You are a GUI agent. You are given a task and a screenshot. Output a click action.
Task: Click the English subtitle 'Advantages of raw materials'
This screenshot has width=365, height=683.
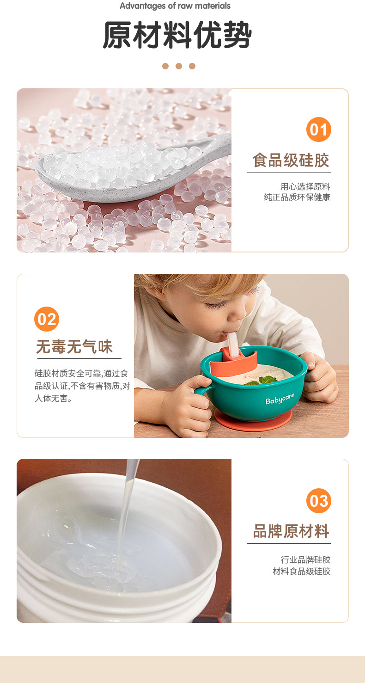(175, 6)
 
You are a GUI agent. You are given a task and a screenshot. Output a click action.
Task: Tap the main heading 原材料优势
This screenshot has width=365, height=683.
(177, 35)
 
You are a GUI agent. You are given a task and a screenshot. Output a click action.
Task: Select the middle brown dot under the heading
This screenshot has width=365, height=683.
(179, 66)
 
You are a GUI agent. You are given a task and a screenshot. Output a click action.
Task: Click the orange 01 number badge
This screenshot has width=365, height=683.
(318, 129)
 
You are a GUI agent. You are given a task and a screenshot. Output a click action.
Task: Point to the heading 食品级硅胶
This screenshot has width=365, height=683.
(291, 160)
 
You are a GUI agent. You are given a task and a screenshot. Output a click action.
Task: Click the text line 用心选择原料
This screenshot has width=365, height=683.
(305, 187)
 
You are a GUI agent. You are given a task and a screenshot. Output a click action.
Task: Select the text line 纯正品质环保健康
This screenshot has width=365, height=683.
(297, 197)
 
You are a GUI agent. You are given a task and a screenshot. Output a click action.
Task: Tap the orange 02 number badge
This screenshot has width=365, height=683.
(47, 319)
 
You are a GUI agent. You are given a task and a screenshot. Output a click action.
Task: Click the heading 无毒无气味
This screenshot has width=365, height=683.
(74, 346)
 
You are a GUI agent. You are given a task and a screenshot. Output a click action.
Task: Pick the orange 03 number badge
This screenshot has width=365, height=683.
(318, 501)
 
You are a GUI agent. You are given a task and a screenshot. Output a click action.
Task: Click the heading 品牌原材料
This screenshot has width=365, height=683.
(291, 531)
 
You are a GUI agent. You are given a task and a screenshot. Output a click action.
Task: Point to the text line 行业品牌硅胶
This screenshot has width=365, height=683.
(305, 560)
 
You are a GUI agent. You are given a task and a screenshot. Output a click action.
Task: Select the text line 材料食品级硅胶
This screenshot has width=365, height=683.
(301, 571)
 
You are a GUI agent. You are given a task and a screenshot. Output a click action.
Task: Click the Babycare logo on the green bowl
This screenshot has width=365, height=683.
(280, 399)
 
